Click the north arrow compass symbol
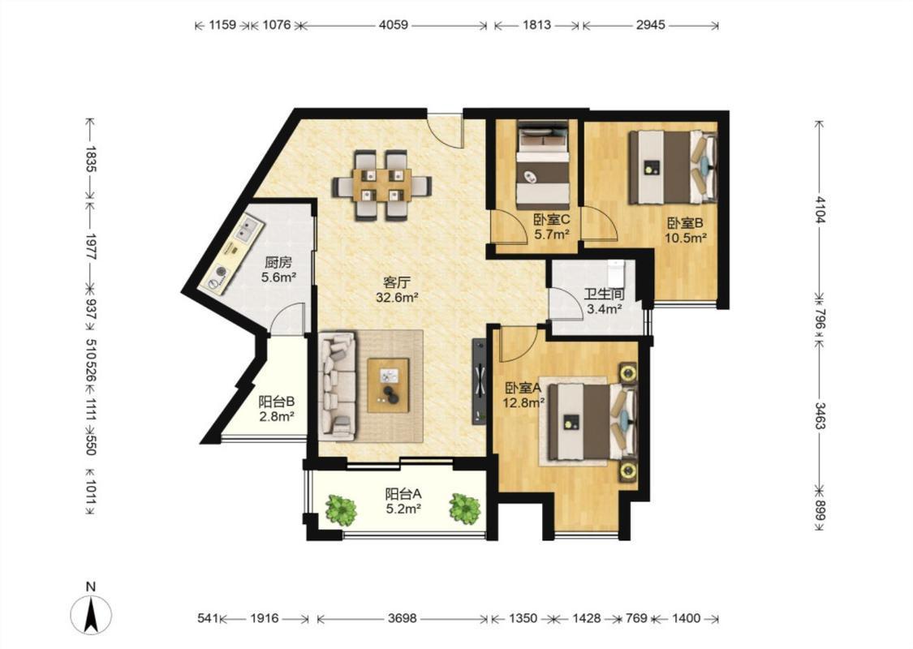(x=91, y=615)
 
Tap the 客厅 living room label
(x=397, y=283)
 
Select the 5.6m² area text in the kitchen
(x=278, y=277)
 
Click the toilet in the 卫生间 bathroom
(x=615, y=273)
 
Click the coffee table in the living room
(x=388, y=385)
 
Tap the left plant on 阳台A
(x=341, y=510)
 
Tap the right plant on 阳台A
(x=465, y=508)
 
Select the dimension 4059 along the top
(x=394, y=25)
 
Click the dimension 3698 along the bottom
(x=403, y=618)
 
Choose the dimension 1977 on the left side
(x=91, y=247)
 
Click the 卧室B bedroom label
(x=685, y=223)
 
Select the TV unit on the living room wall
(x=479, y=381)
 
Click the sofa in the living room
(x=338, y=385)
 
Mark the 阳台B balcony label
(x=276, y=402)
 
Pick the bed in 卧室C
(x=543, y=165)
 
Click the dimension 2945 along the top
(x=650, y=25)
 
